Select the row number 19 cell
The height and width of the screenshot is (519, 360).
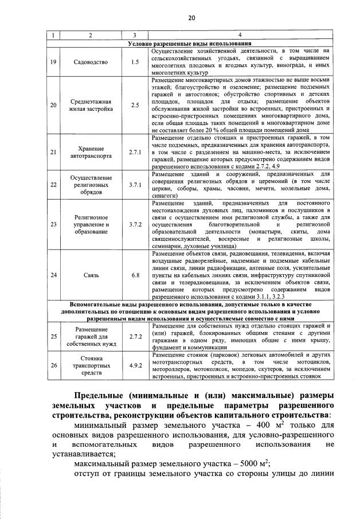(53, 61)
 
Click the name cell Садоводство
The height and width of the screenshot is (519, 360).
(90, 61)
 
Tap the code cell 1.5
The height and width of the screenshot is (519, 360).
(135, 61)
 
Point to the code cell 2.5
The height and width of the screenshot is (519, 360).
(135, 105)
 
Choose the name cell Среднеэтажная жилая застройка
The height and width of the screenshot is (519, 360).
(90, 105)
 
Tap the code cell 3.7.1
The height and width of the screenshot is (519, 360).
(135, 185)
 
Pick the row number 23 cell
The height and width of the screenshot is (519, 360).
(53, 224)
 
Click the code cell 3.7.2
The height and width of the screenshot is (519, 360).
(135, 224)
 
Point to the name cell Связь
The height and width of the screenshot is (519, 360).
(90, 275)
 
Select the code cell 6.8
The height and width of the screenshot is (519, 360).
(135, 275)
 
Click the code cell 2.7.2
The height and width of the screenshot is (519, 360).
(135, 337)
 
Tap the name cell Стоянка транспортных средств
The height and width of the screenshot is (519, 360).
(90, 365)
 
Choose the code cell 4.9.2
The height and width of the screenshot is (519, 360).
(135, 365)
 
